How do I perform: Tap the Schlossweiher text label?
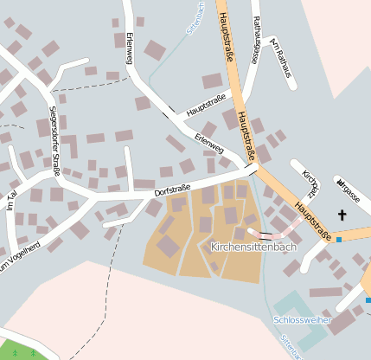(303, 319)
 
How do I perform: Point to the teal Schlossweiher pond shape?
(293, 305)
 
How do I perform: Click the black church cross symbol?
(342, 215)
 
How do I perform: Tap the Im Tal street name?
(12, 202)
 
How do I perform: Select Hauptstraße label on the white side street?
(206, 105)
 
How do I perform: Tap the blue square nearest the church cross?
(339, 239)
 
